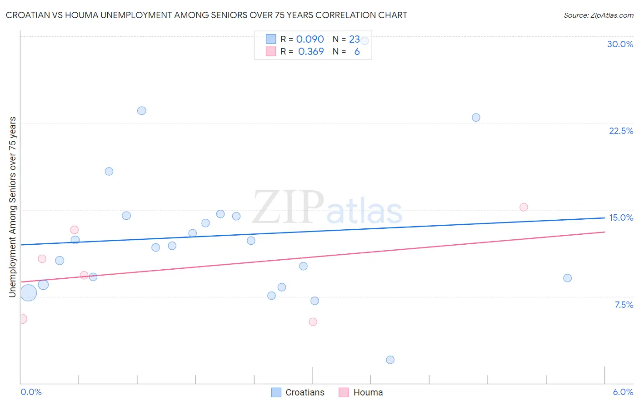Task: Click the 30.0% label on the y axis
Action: coord(620,44)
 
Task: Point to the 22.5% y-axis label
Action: coord(621,131)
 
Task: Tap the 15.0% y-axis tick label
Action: coord(621,217)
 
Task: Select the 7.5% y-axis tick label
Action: coord(624,305)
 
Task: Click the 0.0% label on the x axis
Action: coord(31,392)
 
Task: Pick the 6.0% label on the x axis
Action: coord(623,392)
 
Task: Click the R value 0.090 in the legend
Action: coord(310,40)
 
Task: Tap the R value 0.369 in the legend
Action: coord(311,52)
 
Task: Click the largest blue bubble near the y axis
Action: coord(28,293)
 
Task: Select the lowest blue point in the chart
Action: coord(390,360)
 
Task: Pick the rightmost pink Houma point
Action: coord(524,207)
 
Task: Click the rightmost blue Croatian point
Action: coord(567,278)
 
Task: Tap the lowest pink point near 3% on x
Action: coord(313,321)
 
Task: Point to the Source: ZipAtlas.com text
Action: coord(598,15)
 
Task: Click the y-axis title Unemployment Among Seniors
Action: coord(12,207)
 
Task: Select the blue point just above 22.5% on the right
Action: coord(476,117)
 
